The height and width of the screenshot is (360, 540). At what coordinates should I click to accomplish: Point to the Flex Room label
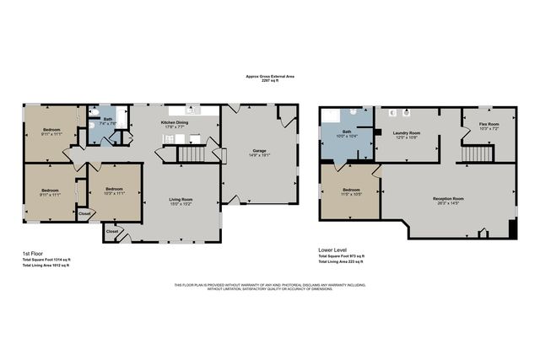(x=478, y=126)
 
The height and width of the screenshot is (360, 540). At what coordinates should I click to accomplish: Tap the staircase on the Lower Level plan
(x=478, y=154)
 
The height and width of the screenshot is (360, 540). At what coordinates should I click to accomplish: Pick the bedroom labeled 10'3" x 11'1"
(x=114, y=191)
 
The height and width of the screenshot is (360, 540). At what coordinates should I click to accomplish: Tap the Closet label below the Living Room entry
(x=112, y=230)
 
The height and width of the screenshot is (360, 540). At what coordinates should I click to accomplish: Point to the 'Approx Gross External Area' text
(x=270, y=78)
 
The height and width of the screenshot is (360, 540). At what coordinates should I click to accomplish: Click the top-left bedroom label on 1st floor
(x=50, y=132)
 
